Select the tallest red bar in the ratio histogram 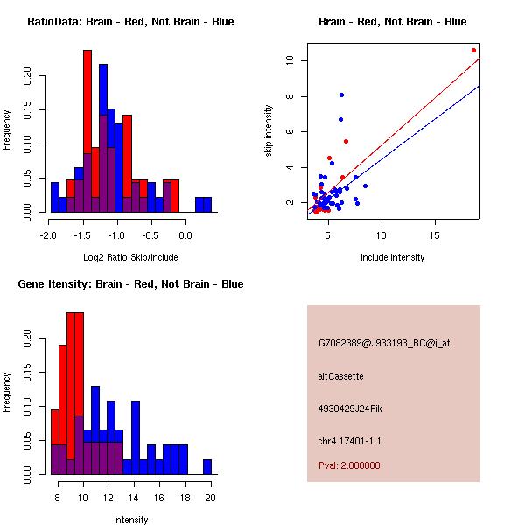click(87, 131)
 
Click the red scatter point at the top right click(473, 51)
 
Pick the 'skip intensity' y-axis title click(269, 131)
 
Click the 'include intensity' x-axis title click(393, 257)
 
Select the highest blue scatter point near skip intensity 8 click(341, 94)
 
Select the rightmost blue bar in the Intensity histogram click(206, 467)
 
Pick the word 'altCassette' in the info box click(340, 376)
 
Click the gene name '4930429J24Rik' click(350, 409)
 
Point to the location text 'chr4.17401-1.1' click(349, 441)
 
